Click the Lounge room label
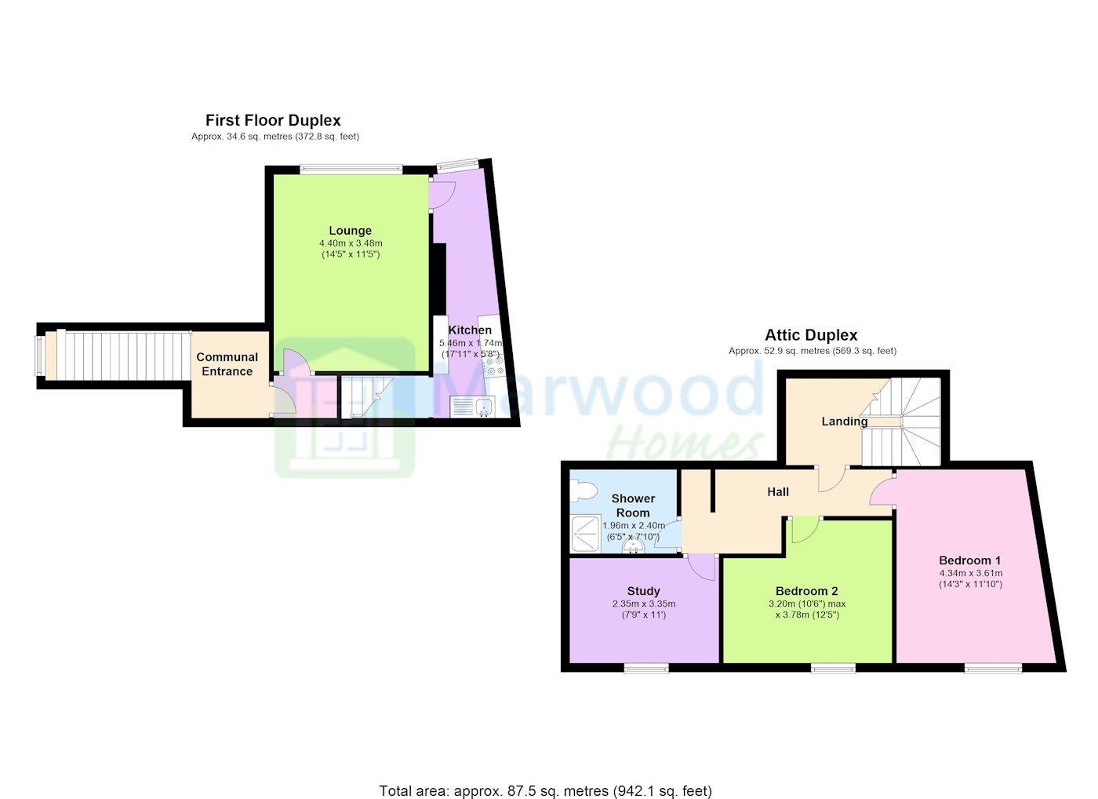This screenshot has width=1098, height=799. coord(350,231)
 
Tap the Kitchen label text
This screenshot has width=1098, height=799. coord(470,330)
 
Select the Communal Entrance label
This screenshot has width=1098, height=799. coord(227,364)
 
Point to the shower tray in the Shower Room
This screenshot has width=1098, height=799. coord(586,533)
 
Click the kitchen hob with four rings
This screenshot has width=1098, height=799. coord(494,366)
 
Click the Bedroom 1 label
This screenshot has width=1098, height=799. coord(969,560)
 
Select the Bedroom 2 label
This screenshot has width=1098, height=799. coord(807,591)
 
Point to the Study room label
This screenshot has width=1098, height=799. coord(644,591)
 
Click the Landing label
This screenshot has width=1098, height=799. coord(845,421)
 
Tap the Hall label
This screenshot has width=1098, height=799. coord(778,492)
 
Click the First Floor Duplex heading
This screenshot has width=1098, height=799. coord(273,120)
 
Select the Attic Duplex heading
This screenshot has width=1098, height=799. coord(811,335)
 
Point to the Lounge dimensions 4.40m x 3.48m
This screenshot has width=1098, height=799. coord(351,243)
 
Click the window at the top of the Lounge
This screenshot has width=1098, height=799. coord(351,169)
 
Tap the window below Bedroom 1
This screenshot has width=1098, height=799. coord(994,668)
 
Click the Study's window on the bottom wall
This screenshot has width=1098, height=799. coord(646,668)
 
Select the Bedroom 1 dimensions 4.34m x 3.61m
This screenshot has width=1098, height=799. coord(971,573)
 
